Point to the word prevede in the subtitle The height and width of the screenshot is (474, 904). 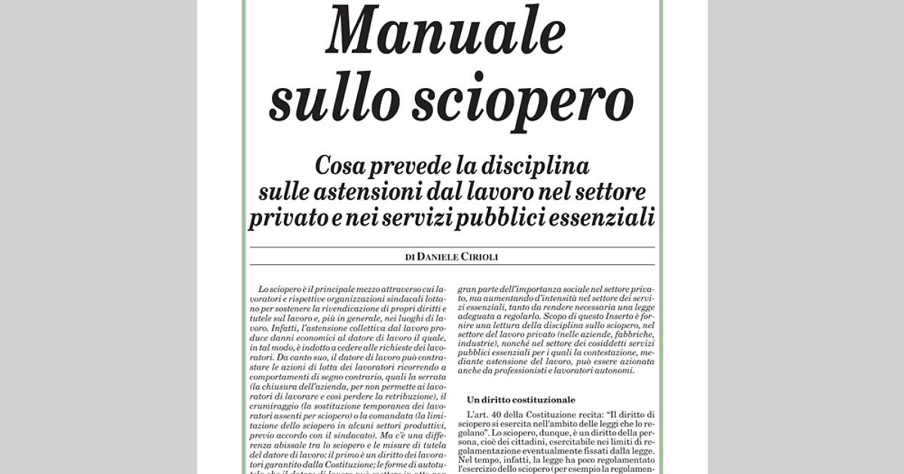coord(421,165)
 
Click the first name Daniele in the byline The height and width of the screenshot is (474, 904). coord(439,257)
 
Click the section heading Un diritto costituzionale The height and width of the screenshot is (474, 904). coord(521,400)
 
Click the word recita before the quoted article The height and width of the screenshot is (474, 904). coord(581,415)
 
